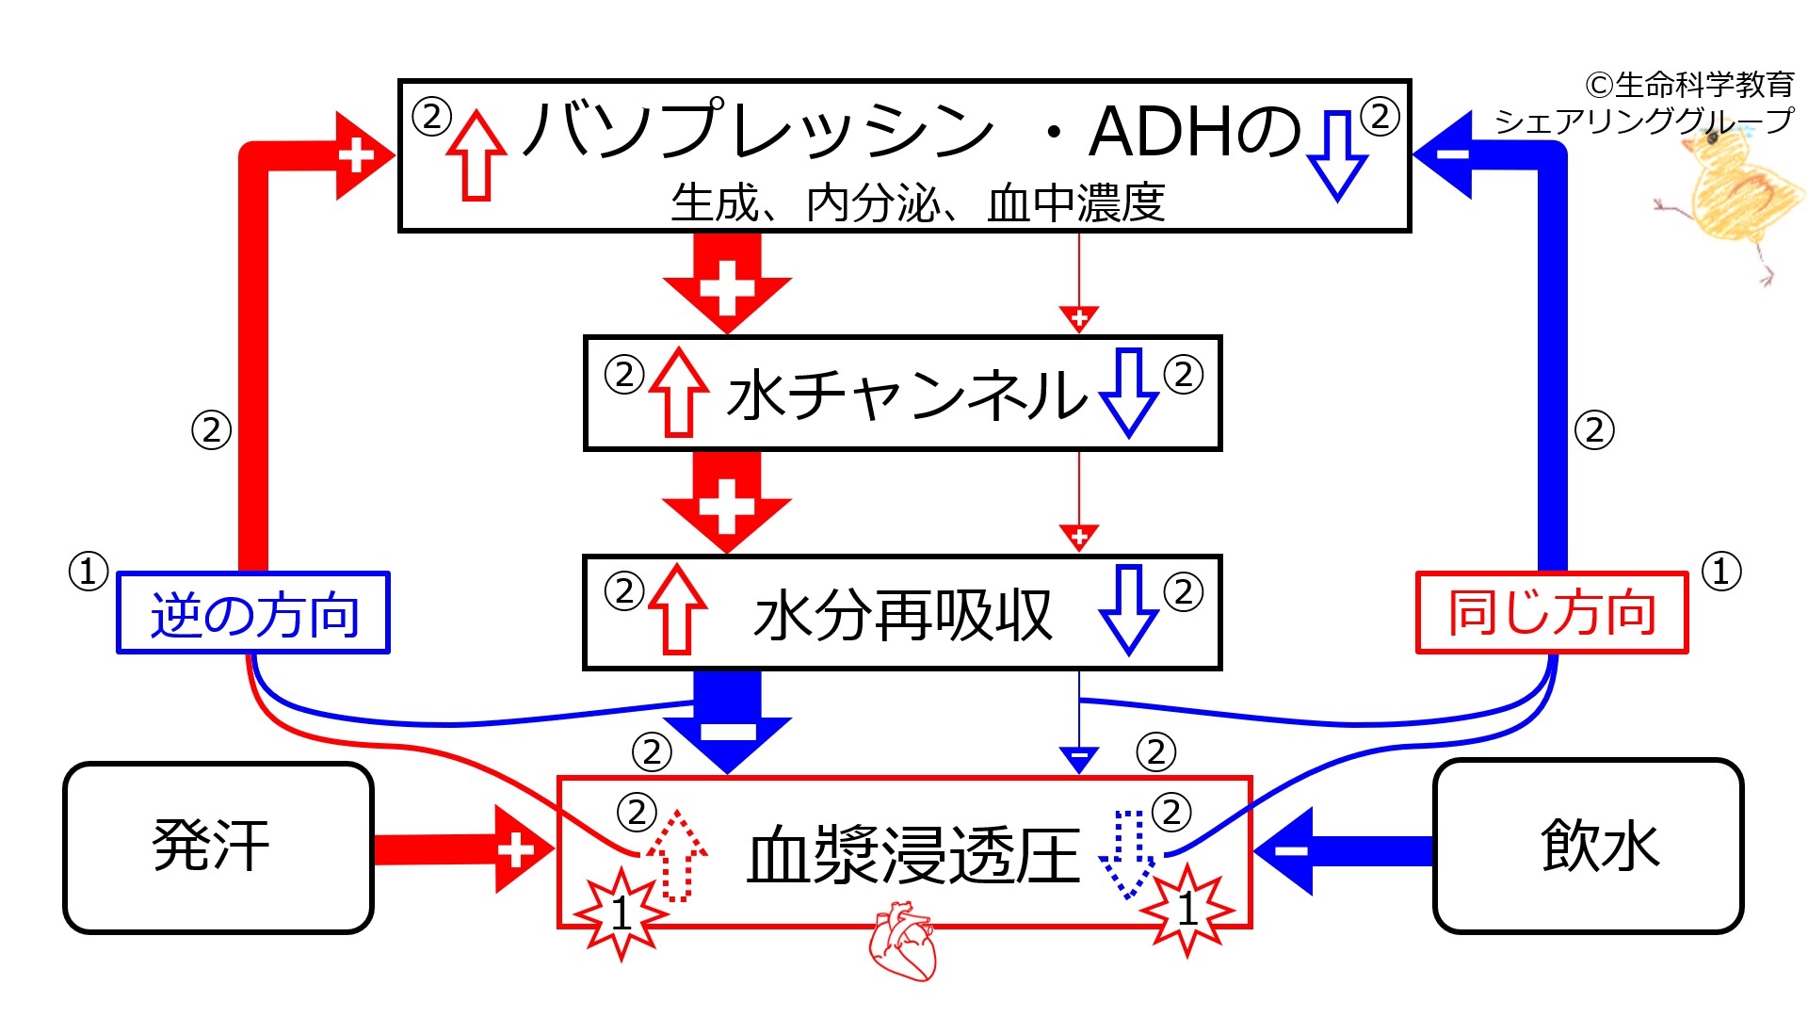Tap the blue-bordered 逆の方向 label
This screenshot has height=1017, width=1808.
click(x=253, y=613)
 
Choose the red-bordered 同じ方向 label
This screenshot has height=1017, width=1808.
click(x=1552, y=613)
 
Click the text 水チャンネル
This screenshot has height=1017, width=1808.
click(x=906, y=395)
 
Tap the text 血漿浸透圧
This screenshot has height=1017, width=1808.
click(x=912, y=855)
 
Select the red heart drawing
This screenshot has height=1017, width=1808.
click(x=903, y=942)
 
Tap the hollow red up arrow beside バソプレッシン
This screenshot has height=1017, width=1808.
click(x=476, y=155)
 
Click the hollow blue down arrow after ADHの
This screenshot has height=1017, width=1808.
click(x=1337, y=155)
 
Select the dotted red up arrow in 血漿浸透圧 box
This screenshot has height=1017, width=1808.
click(x=676, y=855)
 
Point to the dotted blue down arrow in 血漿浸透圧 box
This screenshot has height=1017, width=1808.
click(x=1128, y=853)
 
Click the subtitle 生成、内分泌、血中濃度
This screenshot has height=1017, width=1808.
click(x=917, y=203)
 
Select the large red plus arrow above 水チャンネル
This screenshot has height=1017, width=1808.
click(x=727, y=282)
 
